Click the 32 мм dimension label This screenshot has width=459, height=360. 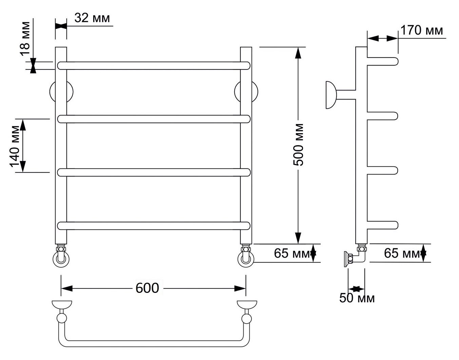[92, 18]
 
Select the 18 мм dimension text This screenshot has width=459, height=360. [25, 39]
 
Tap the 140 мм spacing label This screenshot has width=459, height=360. [15, 146]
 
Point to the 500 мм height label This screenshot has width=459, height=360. [298, 144]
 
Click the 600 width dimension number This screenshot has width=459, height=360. [147, 288]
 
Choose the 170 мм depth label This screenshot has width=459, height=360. [422, 31]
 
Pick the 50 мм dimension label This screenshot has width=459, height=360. [357, 298]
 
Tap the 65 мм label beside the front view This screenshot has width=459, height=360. [292, 253]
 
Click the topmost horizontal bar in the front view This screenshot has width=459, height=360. [154, 66]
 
